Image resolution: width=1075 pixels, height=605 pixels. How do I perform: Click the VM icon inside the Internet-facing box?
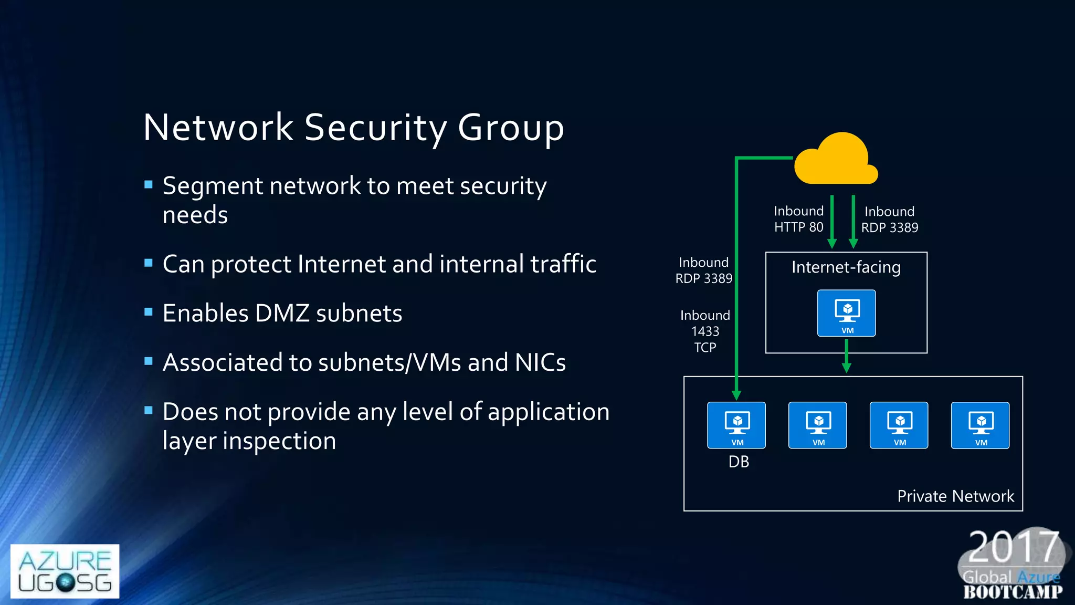pos(846,313)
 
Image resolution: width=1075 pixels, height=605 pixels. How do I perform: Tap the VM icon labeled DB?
pos(736,425)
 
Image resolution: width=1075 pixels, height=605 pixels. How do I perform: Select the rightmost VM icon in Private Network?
pos(980,425)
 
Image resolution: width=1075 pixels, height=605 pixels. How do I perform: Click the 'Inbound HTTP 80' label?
pos(798,219)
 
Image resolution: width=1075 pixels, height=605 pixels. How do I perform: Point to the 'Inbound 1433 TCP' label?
pos(705,331)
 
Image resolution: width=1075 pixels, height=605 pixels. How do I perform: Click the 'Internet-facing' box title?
pos(846,267)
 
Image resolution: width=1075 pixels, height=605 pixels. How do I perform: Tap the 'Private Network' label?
pos(955,496)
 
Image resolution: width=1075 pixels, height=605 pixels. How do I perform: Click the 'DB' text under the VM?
pos(739,462)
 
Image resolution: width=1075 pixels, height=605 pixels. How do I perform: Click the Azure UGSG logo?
pos(65,571)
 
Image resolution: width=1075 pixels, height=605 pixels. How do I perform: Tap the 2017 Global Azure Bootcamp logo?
pos(1013,565)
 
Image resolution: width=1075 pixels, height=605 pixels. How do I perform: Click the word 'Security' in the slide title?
pos(375,128)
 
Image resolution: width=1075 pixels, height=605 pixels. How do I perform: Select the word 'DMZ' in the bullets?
pos(282,314)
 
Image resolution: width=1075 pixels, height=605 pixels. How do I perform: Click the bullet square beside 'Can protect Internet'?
pos(149,263)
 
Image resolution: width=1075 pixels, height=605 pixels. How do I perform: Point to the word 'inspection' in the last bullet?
pos(279,441)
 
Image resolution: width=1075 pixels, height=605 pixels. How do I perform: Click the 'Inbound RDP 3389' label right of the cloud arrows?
pos(890,219)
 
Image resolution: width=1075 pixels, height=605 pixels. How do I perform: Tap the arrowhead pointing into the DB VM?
pos(736,394)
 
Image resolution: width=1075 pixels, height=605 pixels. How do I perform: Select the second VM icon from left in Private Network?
pos(817,425)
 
